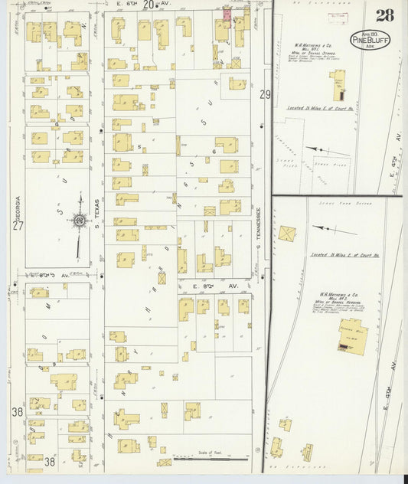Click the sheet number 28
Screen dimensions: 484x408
[385, 15]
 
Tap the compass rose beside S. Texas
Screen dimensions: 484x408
[79, 221]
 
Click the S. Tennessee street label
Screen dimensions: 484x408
[259, 222]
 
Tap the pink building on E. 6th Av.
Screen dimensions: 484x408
[227, 14]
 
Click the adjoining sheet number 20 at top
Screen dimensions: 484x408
[148, 5]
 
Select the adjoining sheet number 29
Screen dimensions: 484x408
[265, 94]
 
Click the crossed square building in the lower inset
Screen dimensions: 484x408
[288, 234]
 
